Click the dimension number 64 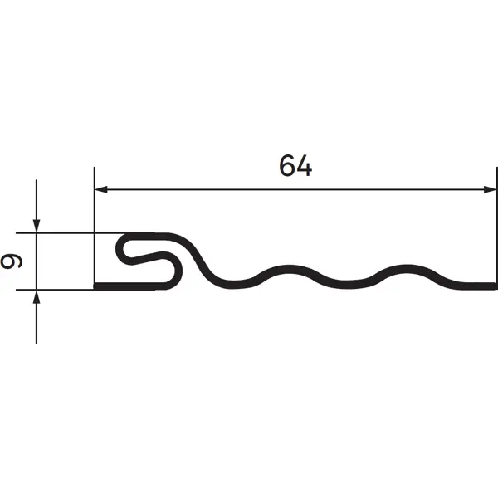coord(295,165)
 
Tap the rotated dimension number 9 coord(12,261)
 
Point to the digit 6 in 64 coord(287,165)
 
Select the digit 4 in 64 coord(305,166)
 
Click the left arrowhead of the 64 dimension coord(101,189)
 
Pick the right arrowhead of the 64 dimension coord(490,189)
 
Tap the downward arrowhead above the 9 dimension coord(37,226)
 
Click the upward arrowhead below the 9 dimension coord(37,297)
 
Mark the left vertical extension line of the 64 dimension coord(95,226)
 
